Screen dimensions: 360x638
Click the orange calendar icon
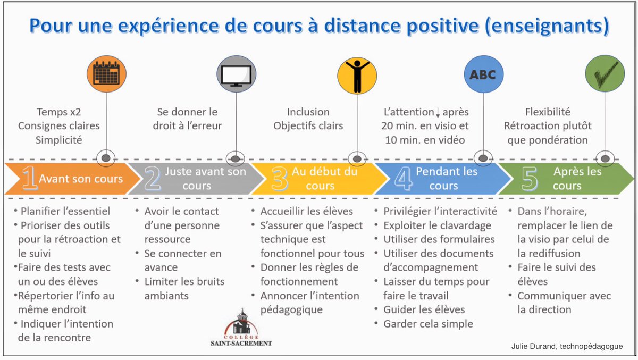tap(107, 74)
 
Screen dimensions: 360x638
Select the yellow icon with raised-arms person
tap(356, 74)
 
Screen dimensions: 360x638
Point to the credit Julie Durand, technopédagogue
tap(565, 346)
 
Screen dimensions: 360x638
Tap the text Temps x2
tap(58, 112)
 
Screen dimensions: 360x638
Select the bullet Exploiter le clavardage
tap(437, 225)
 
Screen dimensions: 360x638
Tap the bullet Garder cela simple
tap(428, 323)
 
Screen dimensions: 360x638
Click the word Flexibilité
tap(548, 112)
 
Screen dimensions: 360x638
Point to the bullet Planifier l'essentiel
tap(65, 211)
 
